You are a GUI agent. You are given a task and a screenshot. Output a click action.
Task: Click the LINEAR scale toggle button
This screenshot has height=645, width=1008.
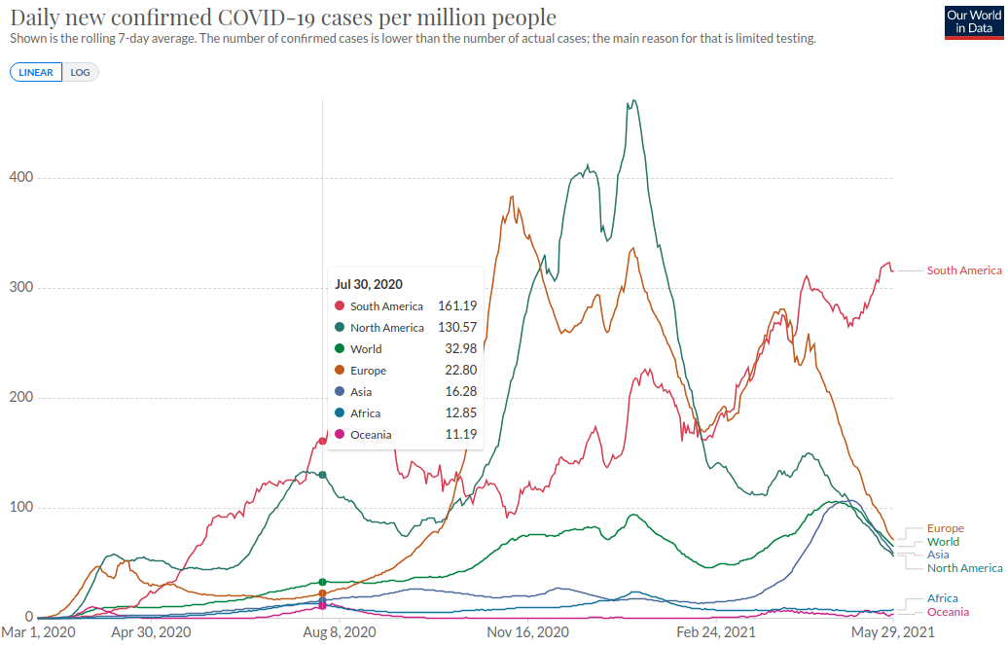36,72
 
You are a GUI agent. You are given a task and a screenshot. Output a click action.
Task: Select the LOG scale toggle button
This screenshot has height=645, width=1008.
81,72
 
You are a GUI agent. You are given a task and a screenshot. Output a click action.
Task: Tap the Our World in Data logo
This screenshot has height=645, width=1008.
974,22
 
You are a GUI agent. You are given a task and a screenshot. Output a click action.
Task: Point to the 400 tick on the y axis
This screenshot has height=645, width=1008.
21,177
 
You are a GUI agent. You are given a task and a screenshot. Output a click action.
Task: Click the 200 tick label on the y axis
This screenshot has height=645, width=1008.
21,397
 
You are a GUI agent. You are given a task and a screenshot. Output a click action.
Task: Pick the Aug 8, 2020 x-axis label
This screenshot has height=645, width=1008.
340,632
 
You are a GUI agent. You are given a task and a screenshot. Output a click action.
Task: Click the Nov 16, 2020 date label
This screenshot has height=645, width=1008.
527,632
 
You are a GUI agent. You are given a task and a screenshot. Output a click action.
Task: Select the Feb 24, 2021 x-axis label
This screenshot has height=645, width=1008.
716,632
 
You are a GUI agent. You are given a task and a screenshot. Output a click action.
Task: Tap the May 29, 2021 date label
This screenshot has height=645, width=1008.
893,632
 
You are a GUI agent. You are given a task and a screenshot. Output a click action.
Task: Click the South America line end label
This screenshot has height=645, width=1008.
964,270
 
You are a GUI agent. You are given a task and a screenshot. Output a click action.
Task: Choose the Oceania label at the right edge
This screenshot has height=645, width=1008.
949,612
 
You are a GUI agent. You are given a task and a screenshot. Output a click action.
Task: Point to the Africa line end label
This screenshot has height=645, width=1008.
943,598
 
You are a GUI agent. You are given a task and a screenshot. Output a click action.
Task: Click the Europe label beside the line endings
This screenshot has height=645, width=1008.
946,528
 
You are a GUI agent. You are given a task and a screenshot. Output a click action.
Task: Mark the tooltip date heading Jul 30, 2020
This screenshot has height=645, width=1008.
369,284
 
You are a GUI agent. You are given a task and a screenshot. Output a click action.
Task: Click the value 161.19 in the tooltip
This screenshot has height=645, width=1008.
457,306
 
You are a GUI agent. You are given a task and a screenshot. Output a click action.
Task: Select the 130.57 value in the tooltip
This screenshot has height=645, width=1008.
457,327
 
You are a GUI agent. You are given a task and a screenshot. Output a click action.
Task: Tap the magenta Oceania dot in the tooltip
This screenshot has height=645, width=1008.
340,434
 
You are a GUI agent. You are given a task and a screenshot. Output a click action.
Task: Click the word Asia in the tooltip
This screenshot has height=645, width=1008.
361,392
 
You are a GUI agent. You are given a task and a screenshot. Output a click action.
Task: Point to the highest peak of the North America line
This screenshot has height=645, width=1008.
633,100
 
